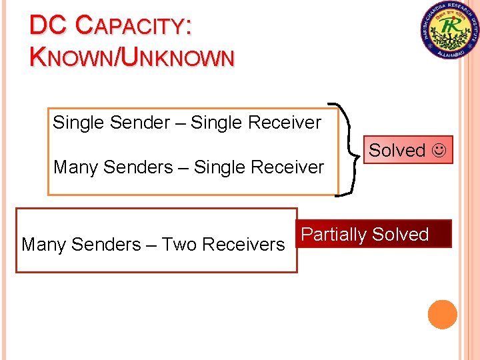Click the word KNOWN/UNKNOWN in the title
(x=132, y=57)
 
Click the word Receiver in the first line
(x=284, y=123)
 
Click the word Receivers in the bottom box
(x=243, y=245)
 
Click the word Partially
(x=333, y=235)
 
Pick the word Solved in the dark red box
(x=400, y=235)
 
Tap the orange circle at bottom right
(x=443, y=315)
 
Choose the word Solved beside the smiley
(x=397, y=151)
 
